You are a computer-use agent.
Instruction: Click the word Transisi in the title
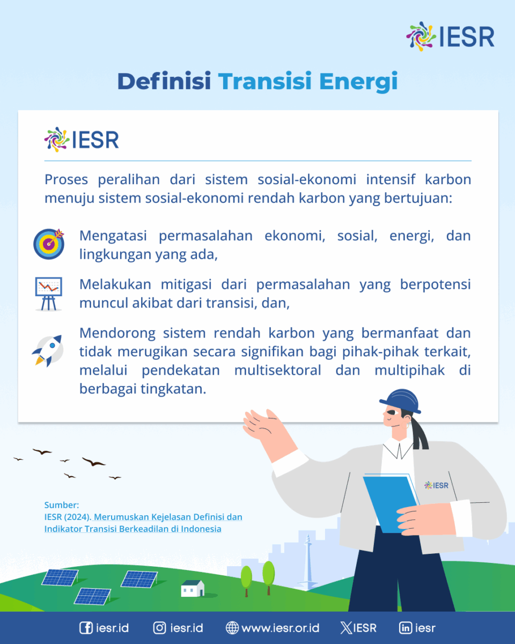265,81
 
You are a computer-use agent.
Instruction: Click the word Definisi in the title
164,81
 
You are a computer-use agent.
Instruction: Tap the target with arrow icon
49,244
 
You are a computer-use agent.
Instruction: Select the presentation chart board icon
48,294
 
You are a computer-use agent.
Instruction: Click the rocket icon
48,350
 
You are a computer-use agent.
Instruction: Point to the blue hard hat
401,401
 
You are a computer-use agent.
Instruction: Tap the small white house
193,588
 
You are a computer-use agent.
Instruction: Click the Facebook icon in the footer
86,628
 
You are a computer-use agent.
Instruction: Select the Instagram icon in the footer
159,628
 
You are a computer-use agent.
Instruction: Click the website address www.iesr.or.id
280,628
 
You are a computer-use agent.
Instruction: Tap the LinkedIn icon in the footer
406,628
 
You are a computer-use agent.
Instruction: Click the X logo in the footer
346,628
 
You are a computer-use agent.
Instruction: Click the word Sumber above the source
61,505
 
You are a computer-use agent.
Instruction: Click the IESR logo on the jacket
436,485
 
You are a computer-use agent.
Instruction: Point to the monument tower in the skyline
307,562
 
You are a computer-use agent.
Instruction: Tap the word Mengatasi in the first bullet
113,236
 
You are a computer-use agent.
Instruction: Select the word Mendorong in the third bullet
117,333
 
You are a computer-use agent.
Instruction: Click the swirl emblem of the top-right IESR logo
421,36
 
